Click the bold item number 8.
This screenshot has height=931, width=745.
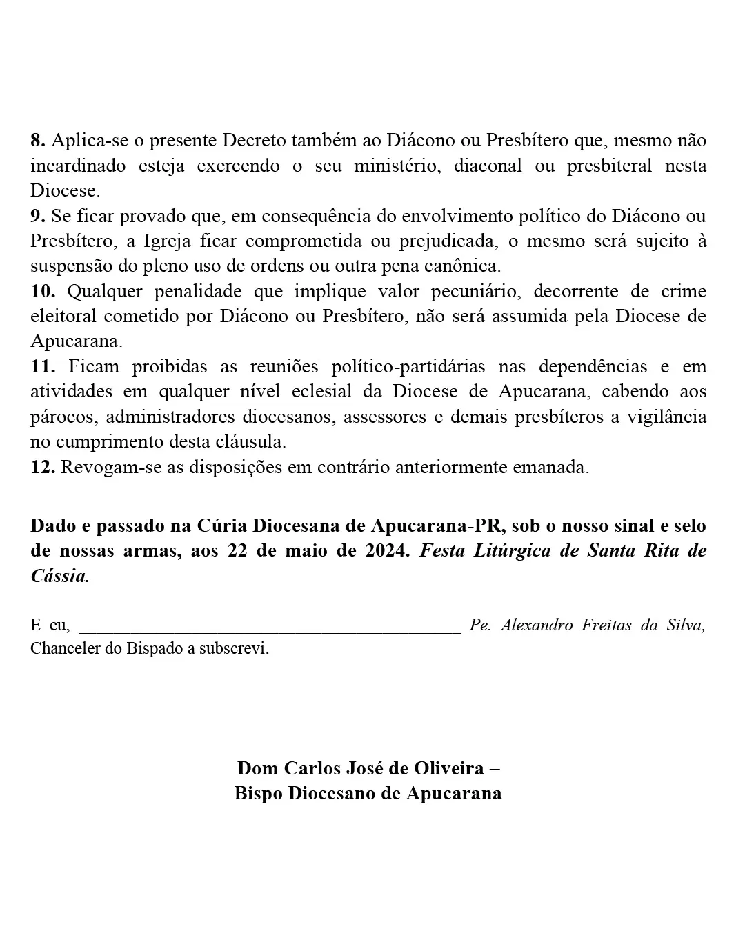tap(37, 141)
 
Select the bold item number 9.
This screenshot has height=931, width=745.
tap(37, 216)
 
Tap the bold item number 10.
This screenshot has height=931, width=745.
tap(42, 291)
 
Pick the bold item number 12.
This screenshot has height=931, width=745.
tap(42, 467)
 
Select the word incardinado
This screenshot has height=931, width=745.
tap(78, 166)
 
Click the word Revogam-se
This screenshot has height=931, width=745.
tap(103, 467)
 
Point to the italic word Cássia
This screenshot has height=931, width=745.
tap(59, 577)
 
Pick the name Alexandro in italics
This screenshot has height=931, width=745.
tap(537, 625)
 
